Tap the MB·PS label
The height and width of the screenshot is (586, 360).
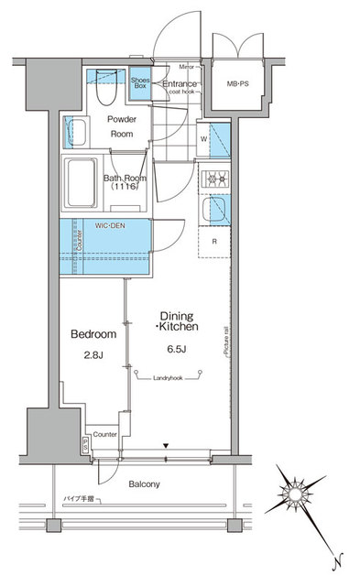click(x=238, y=84)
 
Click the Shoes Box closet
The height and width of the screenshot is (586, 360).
click(x=140, y=83)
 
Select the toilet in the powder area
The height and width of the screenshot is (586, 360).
click(x=102, y=91)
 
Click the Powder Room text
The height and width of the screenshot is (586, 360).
click(x=122, y=126)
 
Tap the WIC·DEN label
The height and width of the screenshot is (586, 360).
click(x=109, y=223)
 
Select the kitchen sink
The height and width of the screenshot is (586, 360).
click(x=219, y=211)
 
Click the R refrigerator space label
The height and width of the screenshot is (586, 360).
click(x=213, y=242)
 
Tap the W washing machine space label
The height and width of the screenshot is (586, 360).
click(x=202, y=140)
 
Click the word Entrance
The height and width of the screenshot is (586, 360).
click(x=180, y=83)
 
